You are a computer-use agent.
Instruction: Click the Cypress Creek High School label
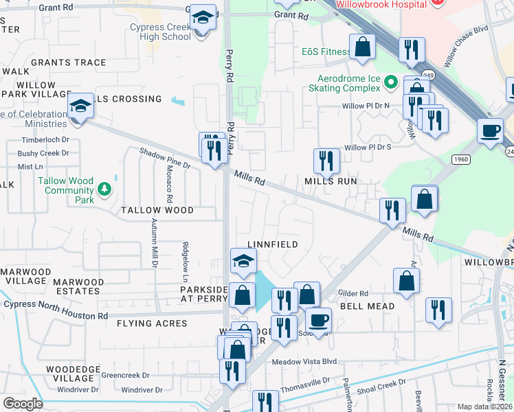160,32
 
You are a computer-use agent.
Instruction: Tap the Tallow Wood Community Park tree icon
104,188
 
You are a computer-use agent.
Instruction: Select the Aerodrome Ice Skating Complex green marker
391,83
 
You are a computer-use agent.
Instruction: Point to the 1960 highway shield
461,159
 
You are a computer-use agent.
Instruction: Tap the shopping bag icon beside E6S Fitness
362,47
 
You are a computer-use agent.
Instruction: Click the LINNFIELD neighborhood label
273,244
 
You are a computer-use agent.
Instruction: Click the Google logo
23,404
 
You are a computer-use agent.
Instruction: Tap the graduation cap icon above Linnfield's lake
243,262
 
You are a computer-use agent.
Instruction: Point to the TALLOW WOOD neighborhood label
157,210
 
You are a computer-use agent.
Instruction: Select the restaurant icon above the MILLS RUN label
326,161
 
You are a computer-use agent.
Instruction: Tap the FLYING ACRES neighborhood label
152,323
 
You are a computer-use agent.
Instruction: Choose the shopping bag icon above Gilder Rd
406,281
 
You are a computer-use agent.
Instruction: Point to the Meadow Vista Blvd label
304,361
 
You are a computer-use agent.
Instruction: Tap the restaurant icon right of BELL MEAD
438,310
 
